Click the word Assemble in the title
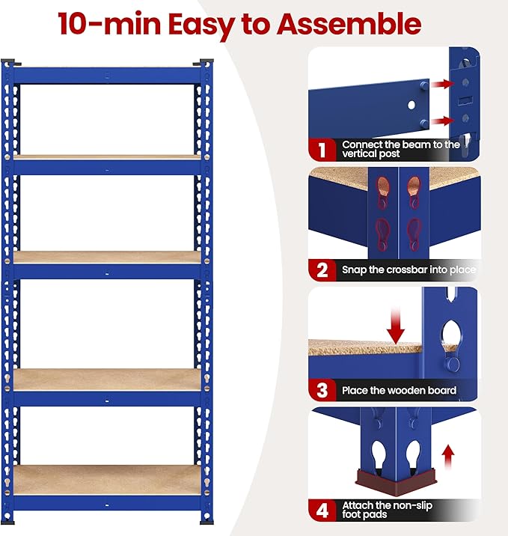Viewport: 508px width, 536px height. (x=349, y=24)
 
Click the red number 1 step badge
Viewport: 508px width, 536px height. (x=322, y=149)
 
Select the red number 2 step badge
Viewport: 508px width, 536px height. (x=322, y=269)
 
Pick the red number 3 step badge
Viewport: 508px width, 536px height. (x=322, y=390)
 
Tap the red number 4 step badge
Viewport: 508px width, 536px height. (x=322, y=511)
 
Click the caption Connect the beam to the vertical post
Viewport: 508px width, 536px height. (x=400, y=149)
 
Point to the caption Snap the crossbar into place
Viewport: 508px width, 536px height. (x=408, y=269)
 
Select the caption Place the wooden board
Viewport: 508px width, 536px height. (x=399, y=390)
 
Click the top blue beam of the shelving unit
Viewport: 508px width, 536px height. (x=108, y=74)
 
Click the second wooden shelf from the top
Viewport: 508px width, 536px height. (x=108, y=256)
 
